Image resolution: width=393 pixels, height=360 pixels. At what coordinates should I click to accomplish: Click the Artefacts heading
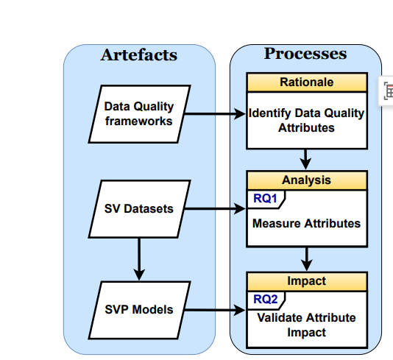pyautogui.click(x=139, y=55)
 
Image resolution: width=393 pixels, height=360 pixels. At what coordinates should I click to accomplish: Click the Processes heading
pyautogui.click(x=305, y=54)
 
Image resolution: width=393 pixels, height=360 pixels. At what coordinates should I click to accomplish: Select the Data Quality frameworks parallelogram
pyautogui.click(x=139, y=114)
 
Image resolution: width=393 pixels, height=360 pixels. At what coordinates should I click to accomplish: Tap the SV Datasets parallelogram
pyautogui.click(x=139, y=208)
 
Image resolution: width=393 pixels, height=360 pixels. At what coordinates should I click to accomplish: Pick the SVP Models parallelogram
pyautogui.click(x=139, y=309)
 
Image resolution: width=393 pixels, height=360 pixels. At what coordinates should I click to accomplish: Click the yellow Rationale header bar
pyautogui.click(x=306, y=82)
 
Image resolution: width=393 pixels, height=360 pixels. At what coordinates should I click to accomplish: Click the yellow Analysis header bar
pyautogui.click(x=306, y=180)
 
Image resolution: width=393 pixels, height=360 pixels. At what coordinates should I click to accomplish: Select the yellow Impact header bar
pyautogui.click(x=306, y=281)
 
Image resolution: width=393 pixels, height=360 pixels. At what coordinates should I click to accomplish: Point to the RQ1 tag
pyautogui.click(x=264, y=197)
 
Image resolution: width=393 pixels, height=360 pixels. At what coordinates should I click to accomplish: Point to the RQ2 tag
pyautogui.click(x=264, y=298)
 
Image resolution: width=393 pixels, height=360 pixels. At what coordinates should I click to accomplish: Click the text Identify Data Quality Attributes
pyautogui.click(x=306, y=121)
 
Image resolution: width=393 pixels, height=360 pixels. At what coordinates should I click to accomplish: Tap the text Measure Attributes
pyautogui.click(x=306, y=222)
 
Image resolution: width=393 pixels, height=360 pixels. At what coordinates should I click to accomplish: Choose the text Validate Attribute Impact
pyautogui.click(x=306, y=325)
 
